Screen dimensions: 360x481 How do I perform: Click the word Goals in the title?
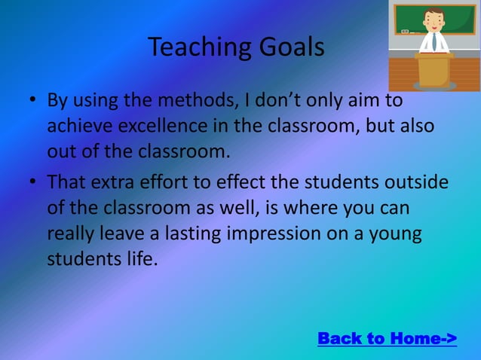click(x=291, y=47)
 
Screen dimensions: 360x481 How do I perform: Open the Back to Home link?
click(x=387, y=338)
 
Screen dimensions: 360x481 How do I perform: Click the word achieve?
click(x=76, y=126)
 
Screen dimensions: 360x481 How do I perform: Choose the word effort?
click(x=165, y=183)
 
